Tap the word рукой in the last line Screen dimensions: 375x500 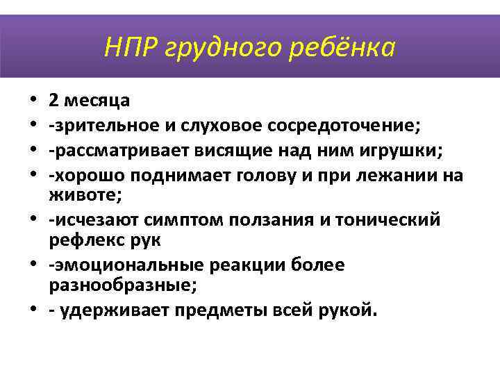[x=351, y=310]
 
